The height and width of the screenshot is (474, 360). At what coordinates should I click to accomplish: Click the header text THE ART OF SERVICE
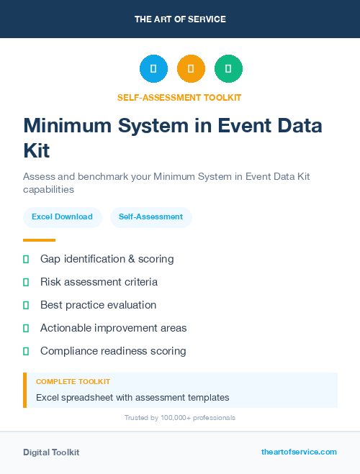coord(180,19)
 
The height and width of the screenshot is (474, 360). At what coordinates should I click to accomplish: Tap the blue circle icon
coord(153,69)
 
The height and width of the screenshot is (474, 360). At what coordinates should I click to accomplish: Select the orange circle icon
coord(191,69)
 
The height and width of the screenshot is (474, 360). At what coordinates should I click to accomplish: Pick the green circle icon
coord(229,69)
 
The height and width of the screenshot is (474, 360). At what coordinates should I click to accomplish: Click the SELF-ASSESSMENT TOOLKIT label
coord(179,98)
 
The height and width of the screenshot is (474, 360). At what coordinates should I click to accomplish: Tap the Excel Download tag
coord(62,217)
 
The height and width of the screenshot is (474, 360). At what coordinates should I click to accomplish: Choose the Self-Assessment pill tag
coord(150,217)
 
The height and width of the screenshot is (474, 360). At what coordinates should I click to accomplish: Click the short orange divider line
coord(39,240)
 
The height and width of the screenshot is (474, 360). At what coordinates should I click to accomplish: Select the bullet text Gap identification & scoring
coord(107,259)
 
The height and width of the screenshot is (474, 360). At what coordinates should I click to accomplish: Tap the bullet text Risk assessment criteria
coord(99,282)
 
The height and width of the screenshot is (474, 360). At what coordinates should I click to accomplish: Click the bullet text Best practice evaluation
coord(98,305)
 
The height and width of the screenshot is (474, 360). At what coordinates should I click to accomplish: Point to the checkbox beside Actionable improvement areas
coord(26,328)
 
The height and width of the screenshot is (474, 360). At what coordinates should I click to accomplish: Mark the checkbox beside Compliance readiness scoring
coord(26,351)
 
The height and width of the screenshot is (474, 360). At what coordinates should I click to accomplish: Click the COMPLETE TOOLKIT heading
coord(73,382)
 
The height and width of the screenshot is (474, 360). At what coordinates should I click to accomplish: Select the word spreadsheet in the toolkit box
coord(89,397)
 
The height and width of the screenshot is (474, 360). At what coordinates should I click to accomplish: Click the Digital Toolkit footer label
coord(51,452)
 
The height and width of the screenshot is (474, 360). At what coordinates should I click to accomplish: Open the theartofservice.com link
coord(299,452)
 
